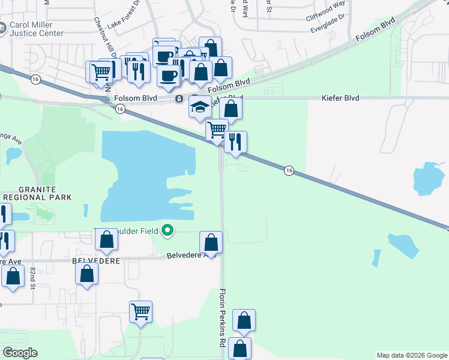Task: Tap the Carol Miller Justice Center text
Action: (36, 29)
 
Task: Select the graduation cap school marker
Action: (200, 107)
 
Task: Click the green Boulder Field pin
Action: (167, 230)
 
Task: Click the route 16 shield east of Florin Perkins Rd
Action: (289, 171)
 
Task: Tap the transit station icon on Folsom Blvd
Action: (178, 98)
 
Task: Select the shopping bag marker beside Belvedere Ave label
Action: (211, 242)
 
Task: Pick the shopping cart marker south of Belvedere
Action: (140, 311)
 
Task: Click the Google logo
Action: (20, 353)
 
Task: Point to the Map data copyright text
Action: (411, 355)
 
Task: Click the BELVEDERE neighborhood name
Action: (96, 261)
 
